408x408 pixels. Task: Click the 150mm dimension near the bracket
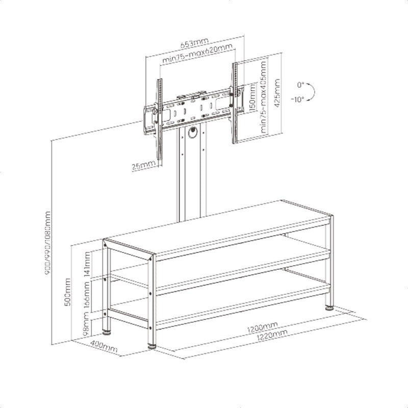(x=253, y=99)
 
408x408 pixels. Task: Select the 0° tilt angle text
(x=300, y=85)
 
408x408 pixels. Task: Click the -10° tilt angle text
(x=298, y=99)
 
